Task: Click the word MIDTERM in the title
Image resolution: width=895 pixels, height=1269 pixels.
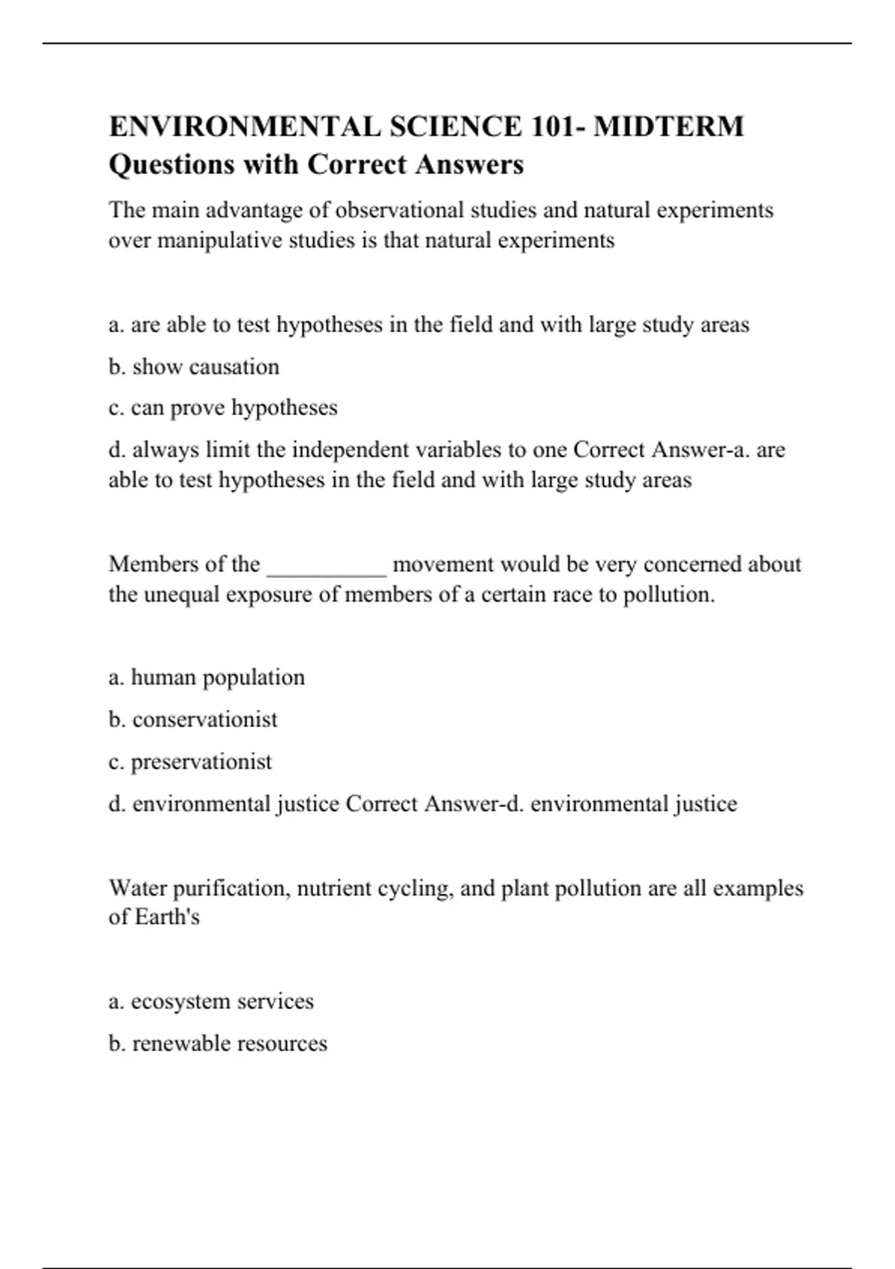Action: point(668,126)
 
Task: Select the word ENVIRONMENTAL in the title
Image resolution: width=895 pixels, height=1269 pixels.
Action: point(242,126)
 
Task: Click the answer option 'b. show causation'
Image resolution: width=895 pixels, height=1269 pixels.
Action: point(194,367)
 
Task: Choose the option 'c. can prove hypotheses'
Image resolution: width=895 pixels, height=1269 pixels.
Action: point(223,408)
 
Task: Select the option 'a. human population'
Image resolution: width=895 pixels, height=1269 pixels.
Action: point(207,677)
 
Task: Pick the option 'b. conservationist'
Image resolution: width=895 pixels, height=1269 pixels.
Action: point(192,719)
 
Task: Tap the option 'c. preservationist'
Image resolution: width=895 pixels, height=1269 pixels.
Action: point(190,761)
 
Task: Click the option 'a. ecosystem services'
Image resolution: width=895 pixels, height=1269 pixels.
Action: point(211,1001)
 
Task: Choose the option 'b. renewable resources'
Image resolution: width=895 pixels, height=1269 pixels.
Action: point(218,1043)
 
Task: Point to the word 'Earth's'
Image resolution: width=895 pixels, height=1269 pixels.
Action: point(168,916)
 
